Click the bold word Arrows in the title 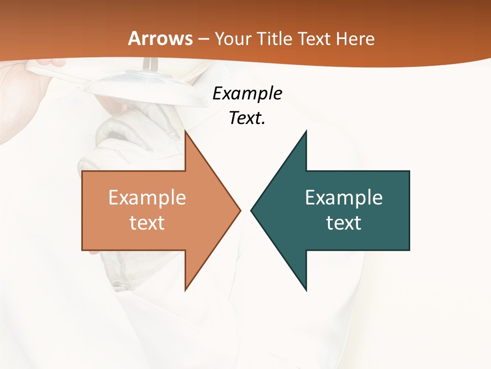click(160, 38)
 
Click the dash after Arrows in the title click(204, 39)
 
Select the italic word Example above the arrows click(247, 94)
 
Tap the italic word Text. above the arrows click(247, 118)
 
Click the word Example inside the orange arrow click(147, 198)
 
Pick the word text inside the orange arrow click(147, 223)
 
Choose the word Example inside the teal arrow click(344, 198)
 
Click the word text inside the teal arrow click(344, 223)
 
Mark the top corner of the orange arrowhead click(185, 131)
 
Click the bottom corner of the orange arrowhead click(185, 290)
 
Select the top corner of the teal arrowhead click(306, 131)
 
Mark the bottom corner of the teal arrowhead click(306, 290)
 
